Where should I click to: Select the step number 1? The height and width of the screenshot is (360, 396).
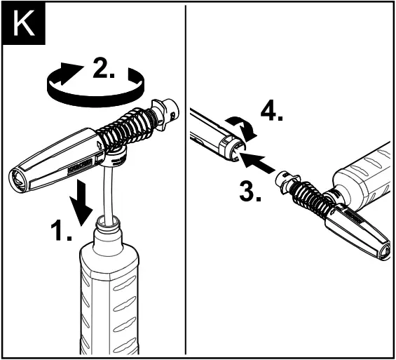(62, 232)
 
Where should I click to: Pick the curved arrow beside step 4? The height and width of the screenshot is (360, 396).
(243, 128)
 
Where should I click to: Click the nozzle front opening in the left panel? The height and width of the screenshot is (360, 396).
(18, 179)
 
